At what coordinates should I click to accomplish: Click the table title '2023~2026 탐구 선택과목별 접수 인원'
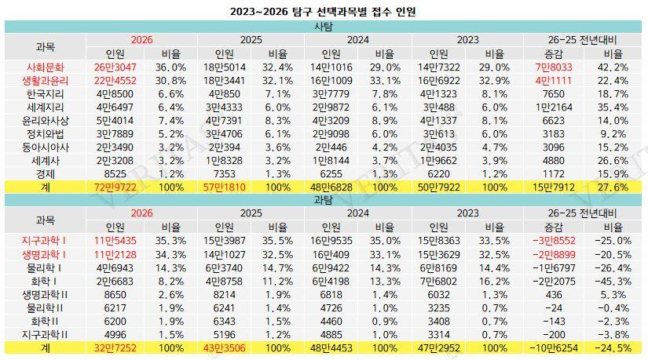[323, 12]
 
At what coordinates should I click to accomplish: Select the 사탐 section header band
[323, 27]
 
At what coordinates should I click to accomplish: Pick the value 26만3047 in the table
[115, 67]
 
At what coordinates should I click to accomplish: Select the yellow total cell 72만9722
[115, 187]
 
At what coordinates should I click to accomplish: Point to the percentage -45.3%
[611, 281]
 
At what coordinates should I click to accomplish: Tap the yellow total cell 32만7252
[115, 347]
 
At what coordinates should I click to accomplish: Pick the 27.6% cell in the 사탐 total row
[611, 187]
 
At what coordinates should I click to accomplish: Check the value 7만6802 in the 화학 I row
[438, 281]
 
